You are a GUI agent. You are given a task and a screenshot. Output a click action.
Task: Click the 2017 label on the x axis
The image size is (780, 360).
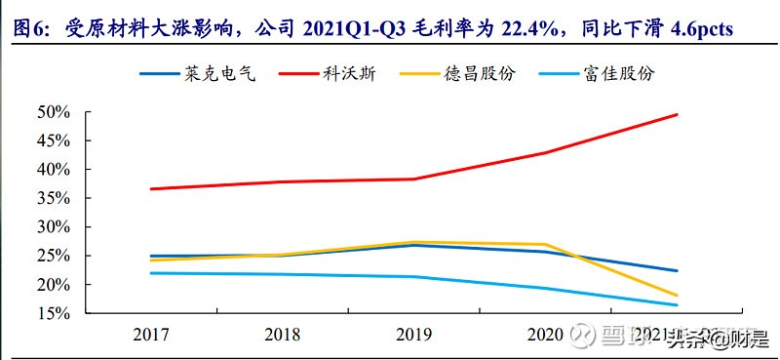point(151,335)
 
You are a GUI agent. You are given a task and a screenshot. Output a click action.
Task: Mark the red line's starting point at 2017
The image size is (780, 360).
point(151,188)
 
